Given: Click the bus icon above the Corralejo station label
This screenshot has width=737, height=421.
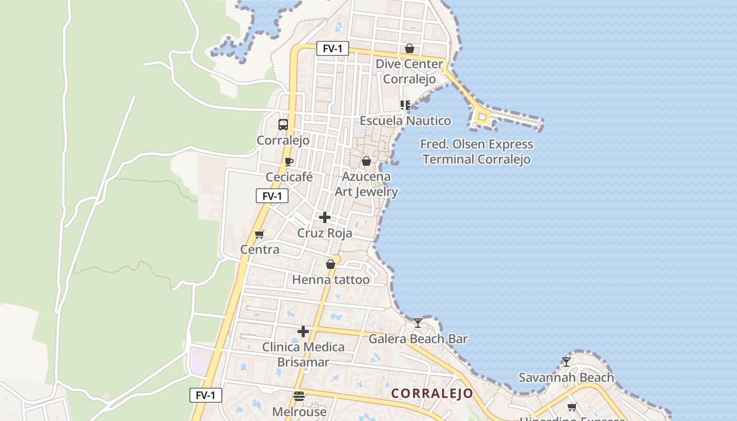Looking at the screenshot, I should (283, 125).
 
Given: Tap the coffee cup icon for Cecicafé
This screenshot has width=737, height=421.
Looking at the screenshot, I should (288, 162).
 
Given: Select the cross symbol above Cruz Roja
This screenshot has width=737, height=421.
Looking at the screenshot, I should (325, 217).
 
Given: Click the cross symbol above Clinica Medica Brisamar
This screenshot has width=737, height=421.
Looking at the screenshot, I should (303, 332).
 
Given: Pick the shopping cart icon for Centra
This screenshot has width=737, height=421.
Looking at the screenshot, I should (259, 234).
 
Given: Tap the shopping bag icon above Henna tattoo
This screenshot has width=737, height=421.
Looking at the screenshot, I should (331, 264).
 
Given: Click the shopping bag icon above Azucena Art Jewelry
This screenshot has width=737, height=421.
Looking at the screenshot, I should (366, 161).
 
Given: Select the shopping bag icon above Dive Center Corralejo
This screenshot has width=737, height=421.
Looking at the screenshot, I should (410, 49).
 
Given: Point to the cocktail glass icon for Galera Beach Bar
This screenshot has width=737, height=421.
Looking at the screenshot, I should (418, 323).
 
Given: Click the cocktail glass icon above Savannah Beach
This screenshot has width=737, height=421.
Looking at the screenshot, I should (566, 362).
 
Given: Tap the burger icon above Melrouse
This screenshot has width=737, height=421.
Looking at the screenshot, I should (299, 396).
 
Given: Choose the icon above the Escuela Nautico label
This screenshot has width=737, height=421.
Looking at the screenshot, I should (405, 105).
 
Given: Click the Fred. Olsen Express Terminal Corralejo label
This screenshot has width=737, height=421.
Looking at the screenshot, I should (476, 152).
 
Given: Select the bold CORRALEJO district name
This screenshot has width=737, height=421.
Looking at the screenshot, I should (432, 393).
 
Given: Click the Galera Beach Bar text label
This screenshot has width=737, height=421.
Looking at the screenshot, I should (418, 338).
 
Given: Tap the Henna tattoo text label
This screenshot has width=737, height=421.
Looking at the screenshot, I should (331, 279).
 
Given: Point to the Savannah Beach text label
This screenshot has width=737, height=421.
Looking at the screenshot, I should (566, 377).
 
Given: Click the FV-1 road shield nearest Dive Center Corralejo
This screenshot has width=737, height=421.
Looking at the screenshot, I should (333, 49).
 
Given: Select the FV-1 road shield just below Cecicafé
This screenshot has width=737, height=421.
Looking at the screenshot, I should (272, 196).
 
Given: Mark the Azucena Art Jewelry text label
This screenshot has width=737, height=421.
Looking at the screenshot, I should (366, 184).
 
